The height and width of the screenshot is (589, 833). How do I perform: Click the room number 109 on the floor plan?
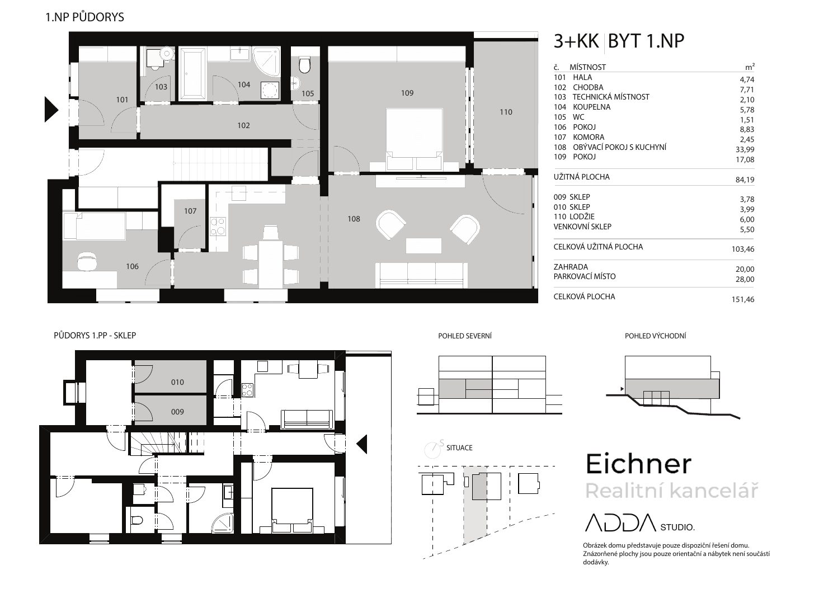407,93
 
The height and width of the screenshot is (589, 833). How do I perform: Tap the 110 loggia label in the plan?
506,112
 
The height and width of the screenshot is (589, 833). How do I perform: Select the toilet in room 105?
304,65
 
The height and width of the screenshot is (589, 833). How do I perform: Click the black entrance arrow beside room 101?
51,109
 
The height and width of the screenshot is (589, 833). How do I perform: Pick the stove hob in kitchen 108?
218,227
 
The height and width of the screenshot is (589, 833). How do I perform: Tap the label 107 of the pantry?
190,211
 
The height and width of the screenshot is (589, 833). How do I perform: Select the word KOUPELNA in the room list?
591,107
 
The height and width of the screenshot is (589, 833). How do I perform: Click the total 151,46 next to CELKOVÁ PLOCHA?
743,299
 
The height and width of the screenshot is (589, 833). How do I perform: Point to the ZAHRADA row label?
571,267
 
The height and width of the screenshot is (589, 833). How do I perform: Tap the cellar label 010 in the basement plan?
177,382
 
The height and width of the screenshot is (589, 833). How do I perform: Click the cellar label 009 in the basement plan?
177,412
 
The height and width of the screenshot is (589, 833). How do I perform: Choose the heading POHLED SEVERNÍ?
465,336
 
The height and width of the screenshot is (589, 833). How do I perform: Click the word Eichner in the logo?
638,464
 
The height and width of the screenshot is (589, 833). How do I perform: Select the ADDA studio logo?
639,523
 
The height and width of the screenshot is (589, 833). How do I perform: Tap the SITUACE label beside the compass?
459,448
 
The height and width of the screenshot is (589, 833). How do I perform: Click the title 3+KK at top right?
576,41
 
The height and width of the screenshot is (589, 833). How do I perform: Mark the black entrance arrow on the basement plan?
362,444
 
